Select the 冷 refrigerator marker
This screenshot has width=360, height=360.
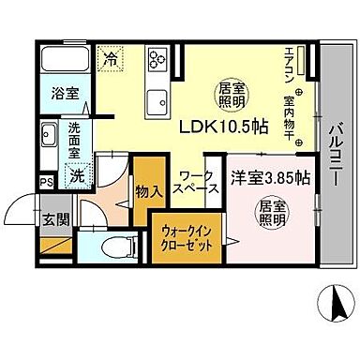tap(112, 57)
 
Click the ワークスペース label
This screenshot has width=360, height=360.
tap(200, 182)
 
